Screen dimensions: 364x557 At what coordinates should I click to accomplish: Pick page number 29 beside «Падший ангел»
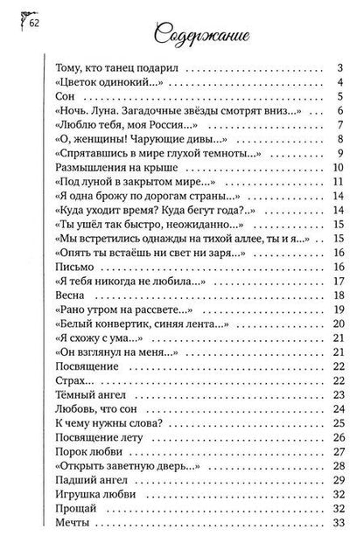(336, 481)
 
